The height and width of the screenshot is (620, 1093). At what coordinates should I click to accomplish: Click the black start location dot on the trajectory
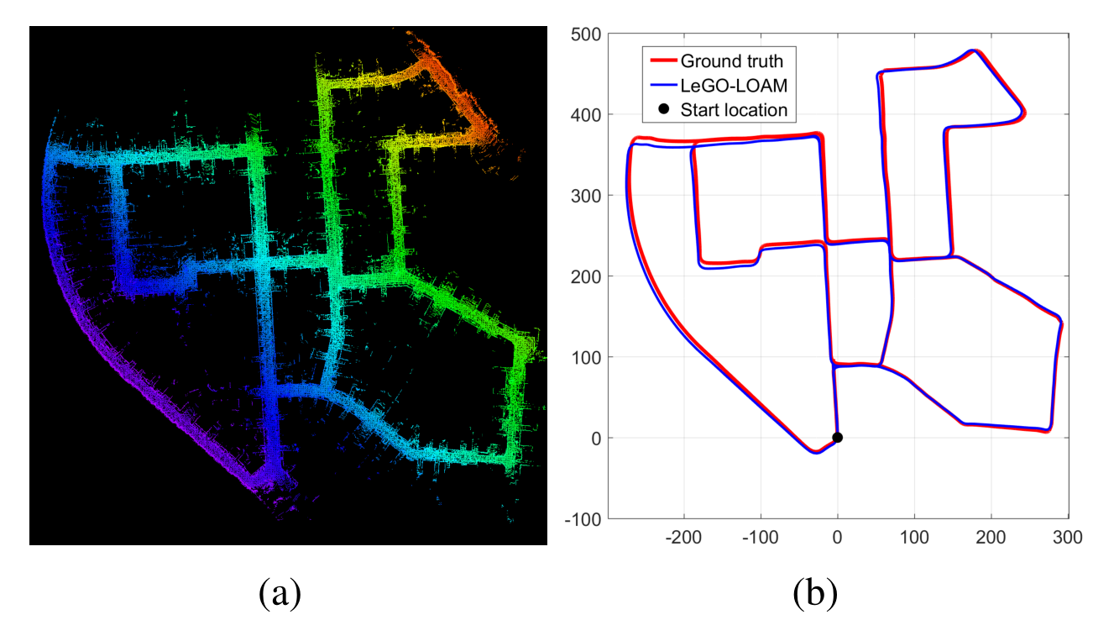click(837, 437)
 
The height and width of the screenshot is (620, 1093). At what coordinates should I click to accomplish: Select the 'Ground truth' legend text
click(731, 60)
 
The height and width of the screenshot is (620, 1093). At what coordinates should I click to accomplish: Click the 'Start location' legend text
click(734, 109)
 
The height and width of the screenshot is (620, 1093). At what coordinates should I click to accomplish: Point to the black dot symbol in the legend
click(663, 109)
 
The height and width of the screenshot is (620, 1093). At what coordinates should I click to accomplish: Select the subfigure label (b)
click(815, 593)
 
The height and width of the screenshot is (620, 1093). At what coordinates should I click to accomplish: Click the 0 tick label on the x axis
click(837, 537)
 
